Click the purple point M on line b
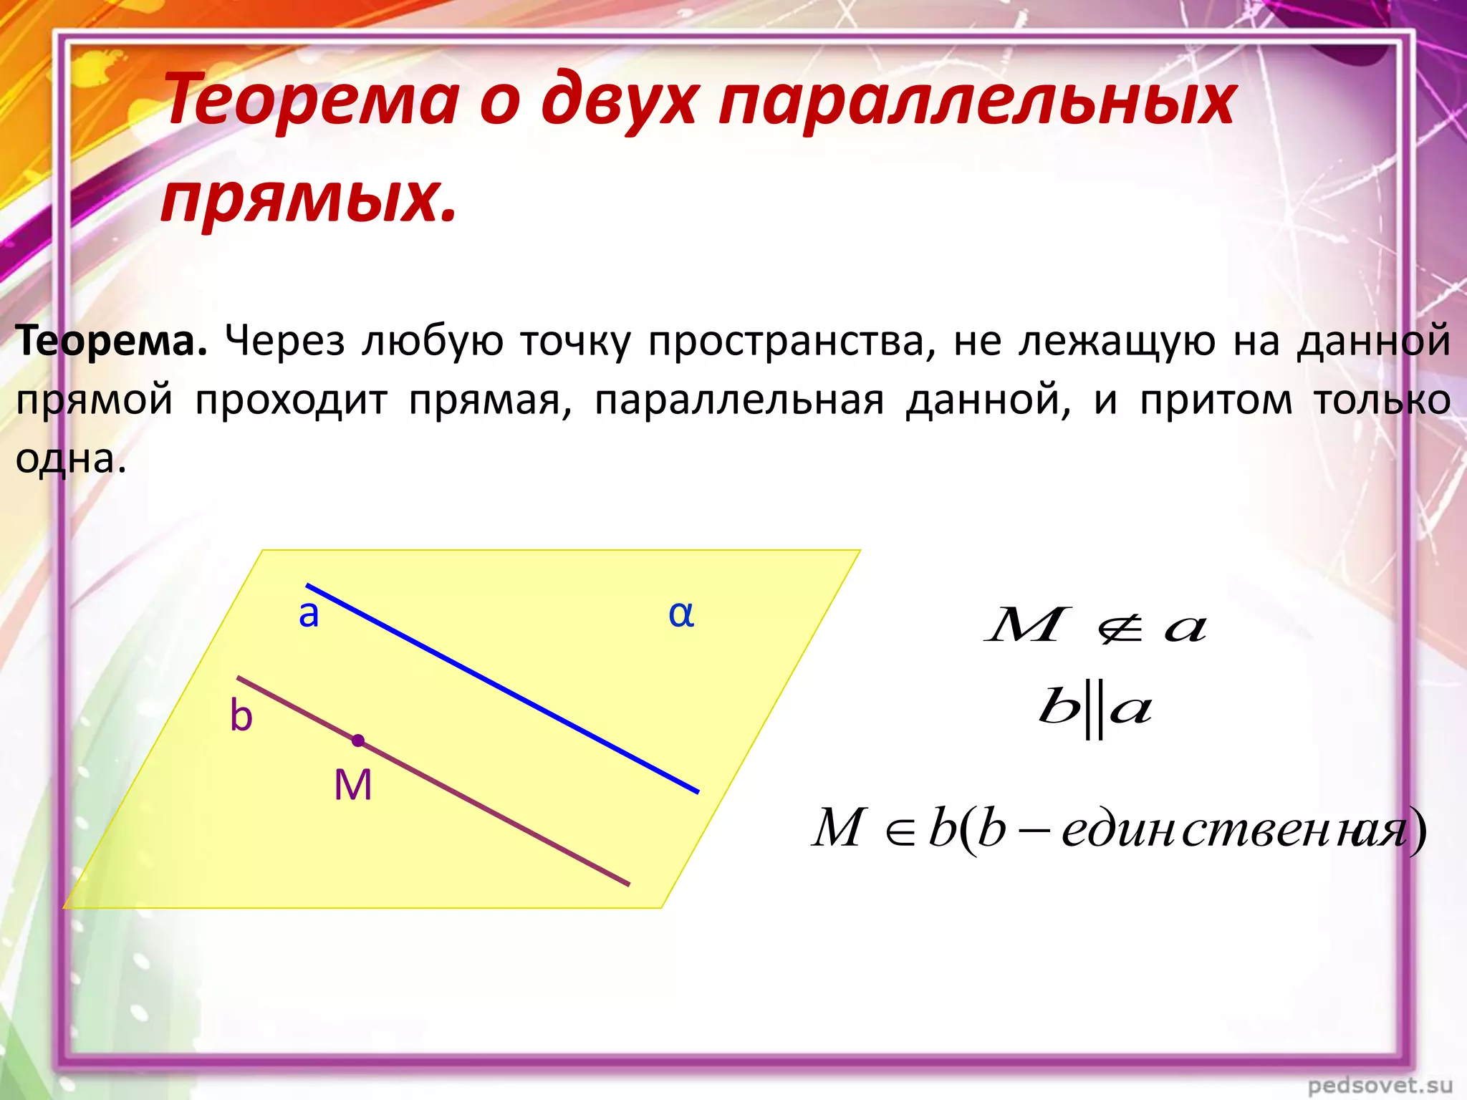tap(358, 740)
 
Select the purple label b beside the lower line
tap(241, 716)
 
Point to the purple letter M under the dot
tap(353, 785)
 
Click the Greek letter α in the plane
tap(681, 614)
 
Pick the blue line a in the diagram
tap(501, 689)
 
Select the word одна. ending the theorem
tap(71, 458)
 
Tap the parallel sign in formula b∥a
tap(1095, 712)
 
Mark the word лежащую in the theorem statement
tap(1117, 342)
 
